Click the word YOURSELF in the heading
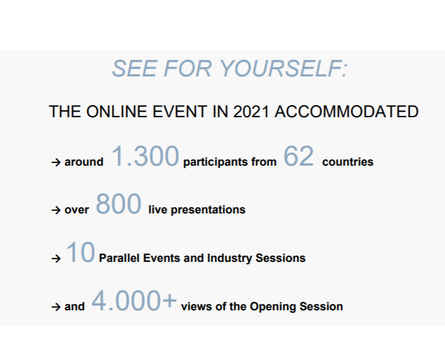pyautogui.click(x=283, y=68)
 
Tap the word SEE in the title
pyautogui.click(x=134, y=68)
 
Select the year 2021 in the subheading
pyautogui.click(x=251, y=112)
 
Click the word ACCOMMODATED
pyautogui.click(x=346, y=112)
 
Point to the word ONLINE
pyautogui.click(x=118, y=112)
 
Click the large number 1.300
pyautogui.click(x=145, y=156)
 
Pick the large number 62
pyautogui.click(x=299, y=156)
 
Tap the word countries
pyautogui.click(x=348, y=162)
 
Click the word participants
pyautogui.click(x=215, y=162)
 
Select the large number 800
pyautogui.click(x=118, y=204)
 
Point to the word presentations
pyautogui.click(x=208, y=210)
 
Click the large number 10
pyautogui.click(x=80, y=252)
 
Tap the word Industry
pyautogui.click(x=229, y=259)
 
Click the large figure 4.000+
pyautogui.click(x=134, y=300)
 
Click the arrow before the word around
pyautogui.click(x=56, y=162)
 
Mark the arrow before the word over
pyautogui.click(x=56, y=210)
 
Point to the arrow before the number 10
pyautogui.click(x=56, y=259)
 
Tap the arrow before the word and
pyautogui.click(x=56, y=306)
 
